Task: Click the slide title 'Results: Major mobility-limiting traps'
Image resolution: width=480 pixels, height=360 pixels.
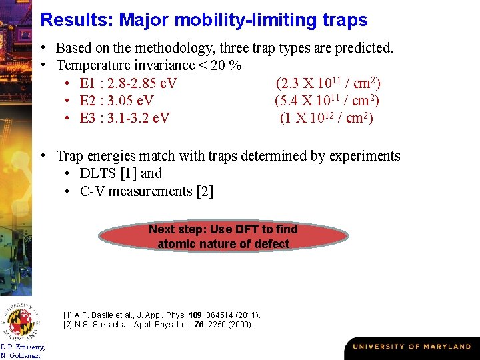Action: (203, 20)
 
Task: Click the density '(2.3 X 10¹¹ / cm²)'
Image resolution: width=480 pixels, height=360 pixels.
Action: (328, 83)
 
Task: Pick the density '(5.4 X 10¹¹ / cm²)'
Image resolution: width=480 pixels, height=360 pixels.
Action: (327, 101)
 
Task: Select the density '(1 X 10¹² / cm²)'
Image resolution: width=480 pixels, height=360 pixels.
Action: (327, 118)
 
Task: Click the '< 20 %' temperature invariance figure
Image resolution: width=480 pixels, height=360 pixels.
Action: (220, 66)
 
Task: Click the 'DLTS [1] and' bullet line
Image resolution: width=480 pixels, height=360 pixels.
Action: (121, 173)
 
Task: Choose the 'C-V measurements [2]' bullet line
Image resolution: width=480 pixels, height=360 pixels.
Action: (147, 191)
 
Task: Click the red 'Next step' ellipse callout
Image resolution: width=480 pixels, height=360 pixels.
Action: (223, 237)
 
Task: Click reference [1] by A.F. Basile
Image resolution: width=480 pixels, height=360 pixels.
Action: (161, 315)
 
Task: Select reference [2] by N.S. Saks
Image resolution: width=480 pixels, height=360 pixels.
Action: (158, 325)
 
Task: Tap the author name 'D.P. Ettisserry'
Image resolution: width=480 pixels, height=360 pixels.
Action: (23, 347)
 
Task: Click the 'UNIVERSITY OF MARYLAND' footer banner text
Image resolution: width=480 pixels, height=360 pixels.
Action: (411, 347)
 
